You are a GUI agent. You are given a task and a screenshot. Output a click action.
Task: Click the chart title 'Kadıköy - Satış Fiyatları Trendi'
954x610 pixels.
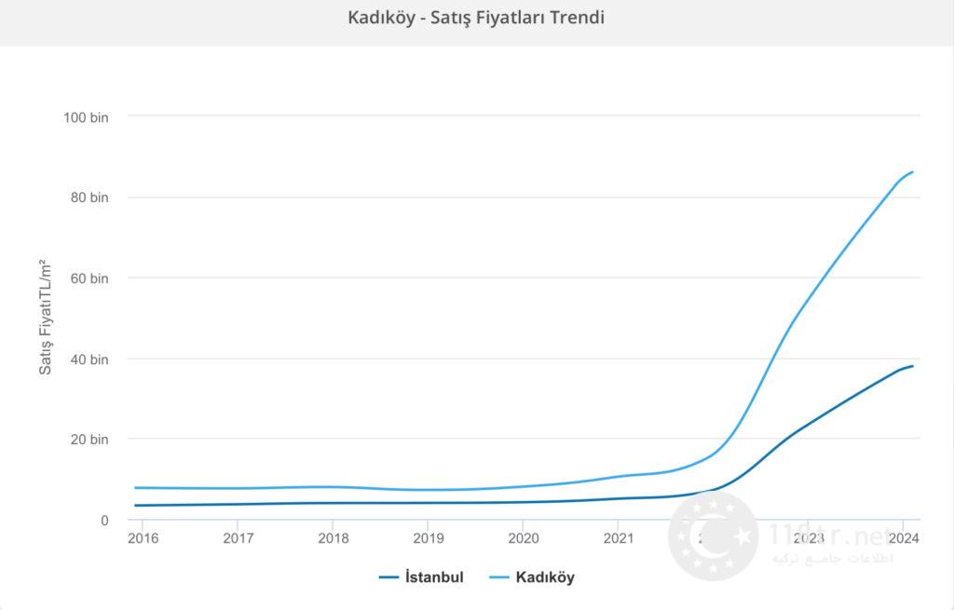(476, 18)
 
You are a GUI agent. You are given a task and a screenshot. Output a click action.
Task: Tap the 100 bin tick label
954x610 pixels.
(86, 116)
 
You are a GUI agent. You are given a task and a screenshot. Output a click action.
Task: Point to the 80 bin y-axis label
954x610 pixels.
(89, 197)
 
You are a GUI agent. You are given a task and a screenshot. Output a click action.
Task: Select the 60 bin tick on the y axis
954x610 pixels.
(89, 278)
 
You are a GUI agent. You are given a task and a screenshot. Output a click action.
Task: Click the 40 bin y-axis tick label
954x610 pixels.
(89, 359)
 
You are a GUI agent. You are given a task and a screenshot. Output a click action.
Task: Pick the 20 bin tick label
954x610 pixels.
(89, 440)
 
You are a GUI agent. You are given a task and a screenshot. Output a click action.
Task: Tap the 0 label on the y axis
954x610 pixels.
(104, 520)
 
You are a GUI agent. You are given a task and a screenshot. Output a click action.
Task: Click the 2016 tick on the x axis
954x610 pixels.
(142, 538)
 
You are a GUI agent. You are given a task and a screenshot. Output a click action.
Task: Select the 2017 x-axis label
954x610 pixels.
(238, 538)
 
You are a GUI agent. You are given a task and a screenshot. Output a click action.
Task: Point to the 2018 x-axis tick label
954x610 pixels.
(333, 538)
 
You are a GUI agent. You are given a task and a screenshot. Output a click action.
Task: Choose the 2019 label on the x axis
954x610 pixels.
(428, 538)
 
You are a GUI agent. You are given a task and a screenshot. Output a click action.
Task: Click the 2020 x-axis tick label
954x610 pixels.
(524, 538)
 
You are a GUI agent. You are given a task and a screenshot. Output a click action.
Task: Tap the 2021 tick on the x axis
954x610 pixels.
(619, 538)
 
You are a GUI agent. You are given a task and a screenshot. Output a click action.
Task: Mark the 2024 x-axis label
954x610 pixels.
(903, 538)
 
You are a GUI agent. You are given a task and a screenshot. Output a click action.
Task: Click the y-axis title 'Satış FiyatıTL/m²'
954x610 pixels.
(45, 318)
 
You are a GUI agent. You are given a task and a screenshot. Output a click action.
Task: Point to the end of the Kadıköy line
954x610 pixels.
(912, 171)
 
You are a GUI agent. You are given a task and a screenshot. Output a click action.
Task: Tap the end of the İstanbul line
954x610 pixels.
(912, 366)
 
